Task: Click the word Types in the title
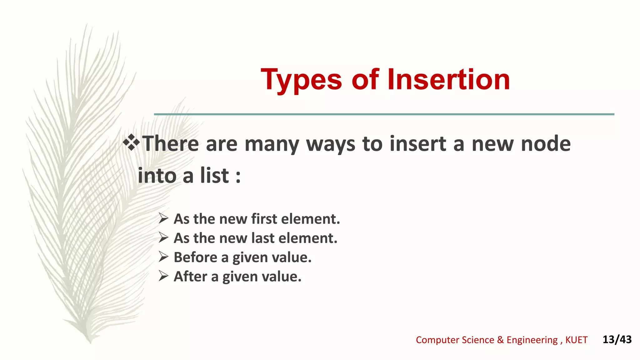coord(301,80)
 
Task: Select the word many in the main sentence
coord(271,144)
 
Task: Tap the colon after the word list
coord(238,177)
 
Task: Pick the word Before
coord(195,257)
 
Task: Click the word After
coord(190,277)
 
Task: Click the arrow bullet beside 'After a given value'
coord(163,276)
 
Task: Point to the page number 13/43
coord(617,339)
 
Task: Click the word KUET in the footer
coord(576,340)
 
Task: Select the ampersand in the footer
coord(500,340)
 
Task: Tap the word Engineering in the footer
coord(532,340)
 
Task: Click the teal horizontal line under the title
coord(384,114)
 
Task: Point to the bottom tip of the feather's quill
coord(90,342)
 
